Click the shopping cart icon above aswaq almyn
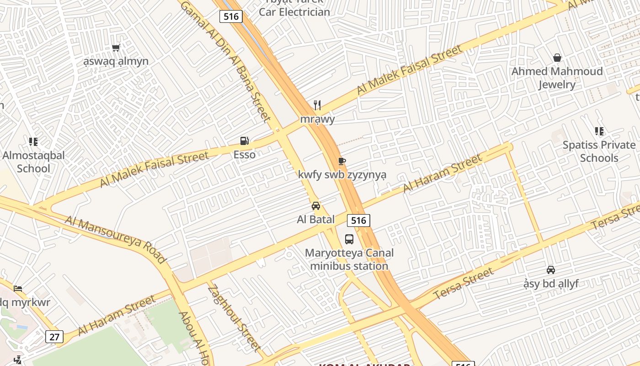tap(116, 48)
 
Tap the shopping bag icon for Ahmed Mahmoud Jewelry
tap(557, 58)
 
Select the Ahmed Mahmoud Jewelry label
tap(557, 78)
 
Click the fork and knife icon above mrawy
tap(317, 105)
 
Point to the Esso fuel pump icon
tap(245, 141)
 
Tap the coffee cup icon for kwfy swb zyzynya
tap(341, 161)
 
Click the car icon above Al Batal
tap(315, 206)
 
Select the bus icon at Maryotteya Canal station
tap(349, 239)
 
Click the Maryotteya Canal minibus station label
tap(349, 259)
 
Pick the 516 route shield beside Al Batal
tap(358, 221)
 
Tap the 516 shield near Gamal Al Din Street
tap(231, 16)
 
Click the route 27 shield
tap(54, 337)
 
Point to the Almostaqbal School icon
tap(33, 142)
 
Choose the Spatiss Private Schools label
tap(599, 151)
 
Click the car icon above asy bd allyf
tap(551, 270)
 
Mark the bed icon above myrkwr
tap(18, 289)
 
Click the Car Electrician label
tap(294, 12)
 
